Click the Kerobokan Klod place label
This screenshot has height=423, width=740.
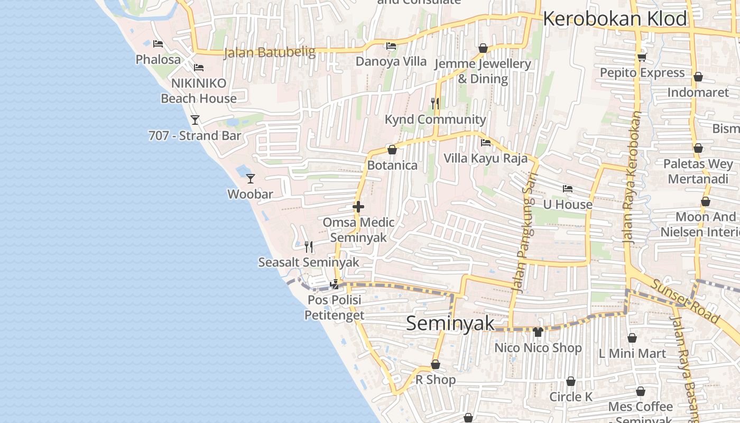pyautogui.click(x=615, y=19)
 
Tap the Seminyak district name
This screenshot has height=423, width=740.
pyautogui.click(x=450, y=324)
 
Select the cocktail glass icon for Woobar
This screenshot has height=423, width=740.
pyautogui.click(x=251, y=179)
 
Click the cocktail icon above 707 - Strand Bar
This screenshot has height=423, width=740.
pyautogui.click(x=195, y=120)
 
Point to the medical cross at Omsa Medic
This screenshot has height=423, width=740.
pyautogui.click(x=358, y=207)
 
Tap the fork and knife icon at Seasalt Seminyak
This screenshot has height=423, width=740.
pyautogui.click(x=309, y=246)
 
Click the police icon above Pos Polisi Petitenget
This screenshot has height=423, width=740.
pyautogui.click(x=334, y=284)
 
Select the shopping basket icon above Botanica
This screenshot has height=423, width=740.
pyautogui.click(x=392, y=150)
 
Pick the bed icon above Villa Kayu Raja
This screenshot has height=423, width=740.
pyautogui.click(x=486, y=143)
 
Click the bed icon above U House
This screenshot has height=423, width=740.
pyautogui.click(x=568, y=189)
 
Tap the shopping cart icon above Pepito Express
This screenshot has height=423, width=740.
pyautogui.click(x=642, y=57)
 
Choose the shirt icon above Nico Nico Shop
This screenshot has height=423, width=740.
pyautogui.click(x=538, y=332)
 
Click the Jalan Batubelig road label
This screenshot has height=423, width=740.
pyautogui.click(x=270, y=52)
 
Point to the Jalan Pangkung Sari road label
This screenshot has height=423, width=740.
pyautogui.click(x=525, y=233)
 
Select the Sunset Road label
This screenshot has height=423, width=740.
pyautogui.click(x=685, y=302)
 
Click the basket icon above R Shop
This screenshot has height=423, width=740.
pyautogui.click(x=436, y=364)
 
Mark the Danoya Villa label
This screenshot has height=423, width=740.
pyautogui.click(x=391, y=61)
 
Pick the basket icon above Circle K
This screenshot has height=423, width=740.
pyautogui.click(x=571, y=381)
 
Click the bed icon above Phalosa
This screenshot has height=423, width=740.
pyautogui.click(x=158, y=44)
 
